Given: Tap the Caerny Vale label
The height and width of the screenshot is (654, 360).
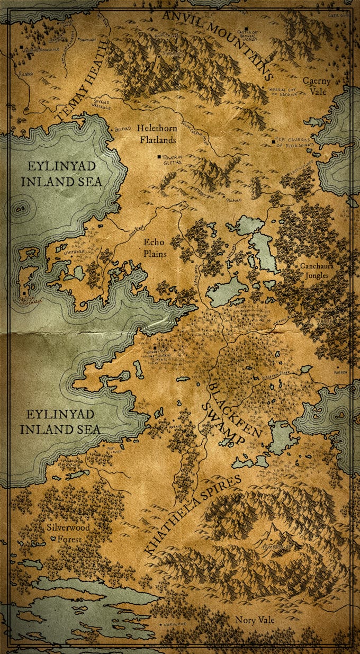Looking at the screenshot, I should pos(317,86).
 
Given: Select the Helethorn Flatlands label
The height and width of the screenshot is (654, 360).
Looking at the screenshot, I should pos(156,134).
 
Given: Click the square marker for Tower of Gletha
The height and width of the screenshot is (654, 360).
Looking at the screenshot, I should pos(158,157).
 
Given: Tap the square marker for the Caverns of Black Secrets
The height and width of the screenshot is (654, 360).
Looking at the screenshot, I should pos(273,142).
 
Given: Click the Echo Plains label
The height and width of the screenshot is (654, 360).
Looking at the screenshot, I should pos(155,248).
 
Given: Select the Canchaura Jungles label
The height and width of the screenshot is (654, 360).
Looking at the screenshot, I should pos(314,271).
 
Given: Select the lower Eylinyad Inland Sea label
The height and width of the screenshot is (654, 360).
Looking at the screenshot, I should pos(60,422).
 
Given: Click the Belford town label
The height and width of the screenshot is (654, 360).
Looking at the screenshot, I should pos(123,128).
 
